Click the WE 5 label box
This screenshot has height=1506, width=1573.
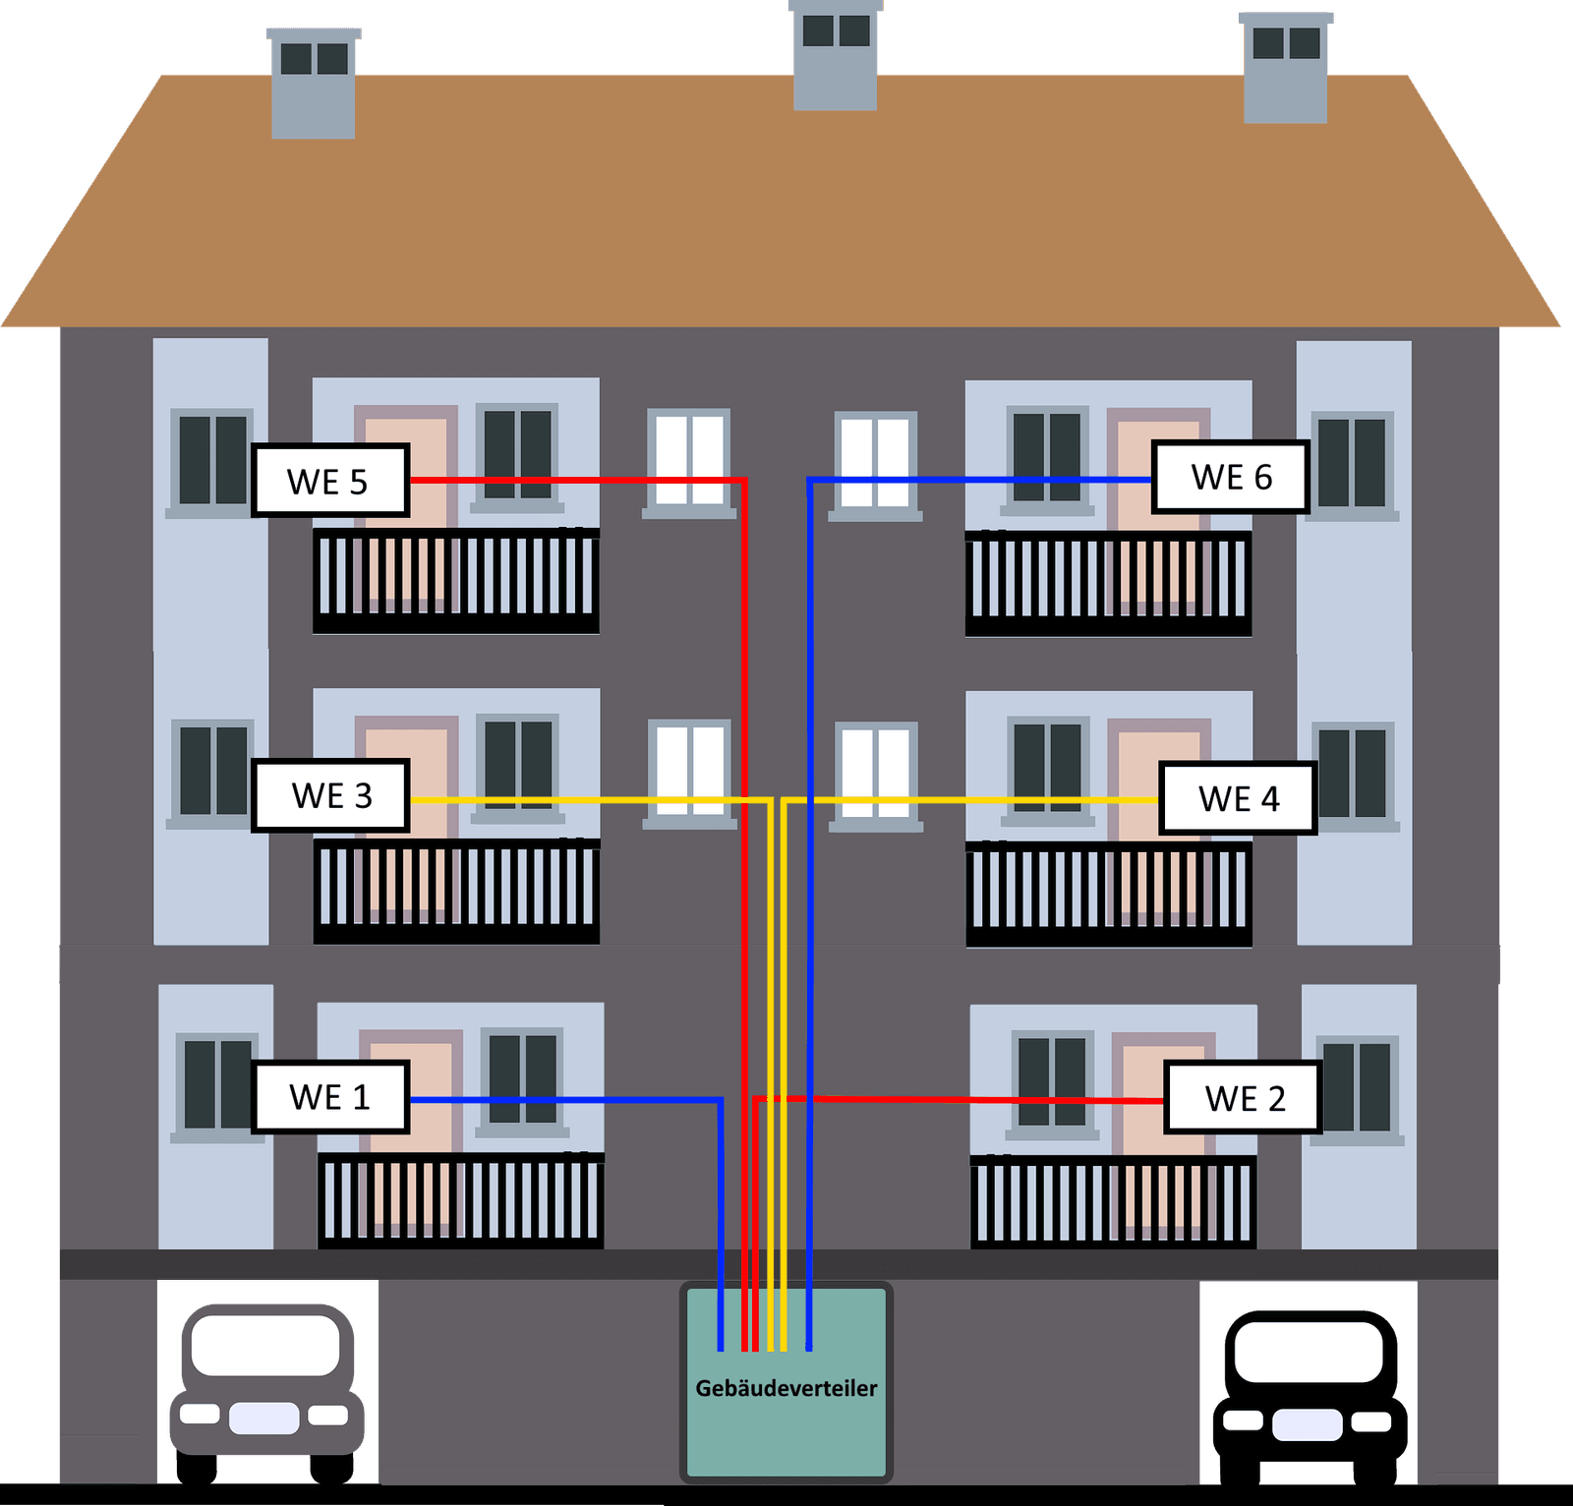click(x=329, y=481)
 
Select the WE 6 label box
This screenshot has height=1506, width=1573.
click(x=1230, y=477)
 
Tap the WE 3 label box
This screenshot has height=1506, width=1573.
click(x=330, y=795)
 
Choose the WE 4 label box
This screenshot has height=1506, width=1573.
click(x=1238, y=798)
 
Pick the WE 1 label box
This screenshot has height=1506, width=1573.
click(x=329, y=1097)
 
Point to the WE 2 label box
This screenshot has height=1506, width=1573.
click(x=1243, y=1098)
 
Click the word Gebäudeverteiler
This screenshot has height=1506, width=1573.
click(x=786, y=1388)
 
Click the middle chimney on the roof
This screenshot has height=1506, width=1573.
click(x=835, y=54)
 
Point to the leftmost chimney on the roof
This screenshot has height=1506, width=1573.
click(x=314, y=84)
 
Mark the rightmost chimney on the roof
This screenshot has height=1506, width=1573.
click(x=1285, y=69)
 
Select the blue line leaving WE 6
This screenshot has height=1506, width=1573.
click(x=983, y=480)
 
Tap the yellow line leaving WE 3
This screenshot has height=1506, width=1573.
click(x=590, y=800)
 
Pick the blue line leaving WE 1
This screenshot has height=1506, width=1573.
click(x=570, y=1099)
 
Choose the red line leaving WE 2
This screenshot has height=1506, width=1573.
click(x=983, y=1099)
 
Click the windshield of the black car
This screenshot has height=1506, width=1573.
click(x=1309, y=1352)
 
